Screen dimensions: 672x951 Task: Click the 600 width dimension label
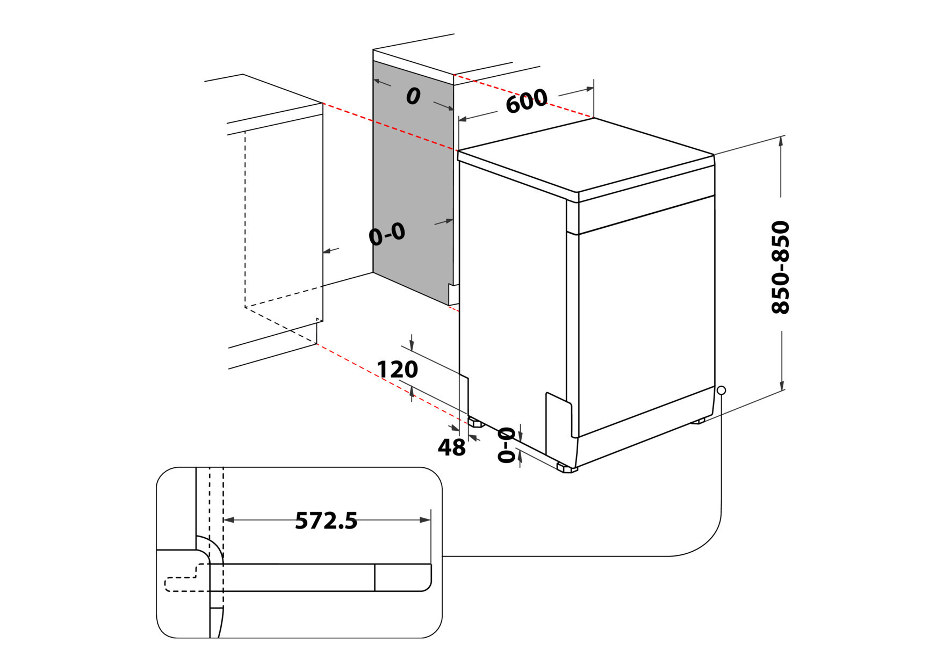(x=526, y=101)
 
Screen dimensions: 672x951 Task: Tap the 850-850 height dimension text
(x=780, y=267)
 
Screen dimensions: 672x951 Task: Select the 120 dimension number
(x=397, y=370)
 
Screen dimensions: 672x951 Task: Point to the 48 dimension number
(x=451, y=447)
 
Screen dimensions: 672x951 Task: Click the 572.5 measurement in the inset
(x=326, y=521)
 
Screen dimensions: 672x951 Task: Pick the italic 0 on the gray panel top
(x=413, y=97)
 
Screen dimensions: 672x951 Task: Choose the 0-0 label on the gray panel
(x=387, y=234)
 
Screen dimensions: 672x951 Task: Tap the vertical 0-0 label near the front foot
(x=506, y=445)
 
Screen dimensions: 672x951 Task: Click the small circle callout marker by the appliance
(x=721, y=390)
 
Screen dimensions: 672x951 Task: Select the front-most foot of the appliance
(x=567, y=468)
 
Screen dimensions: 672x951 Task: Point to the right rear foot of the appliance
(x=698, y=421)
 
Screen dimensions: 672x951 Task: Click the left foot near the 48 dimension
(x=476, y=423)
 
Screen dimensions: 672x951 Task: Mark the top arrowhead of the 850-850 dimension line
(x=781, y=141)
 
